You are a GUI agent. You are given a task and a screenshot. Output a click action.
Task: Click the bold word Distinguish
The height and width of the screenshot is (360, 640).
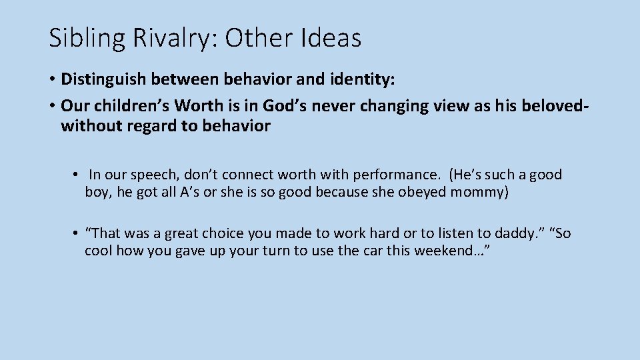coord(103,80)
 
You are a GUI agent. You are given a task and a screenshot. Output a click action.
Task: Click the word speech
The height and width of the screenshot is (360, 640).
coord(157,175)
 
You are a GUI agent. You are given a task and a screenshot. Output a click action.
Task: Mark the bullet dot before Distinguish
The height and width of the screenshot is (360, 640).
coord(51,80)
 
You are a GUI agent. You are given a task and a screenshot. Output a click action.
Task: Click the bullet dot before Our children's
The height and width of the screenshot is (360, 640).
coord(51,105)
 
